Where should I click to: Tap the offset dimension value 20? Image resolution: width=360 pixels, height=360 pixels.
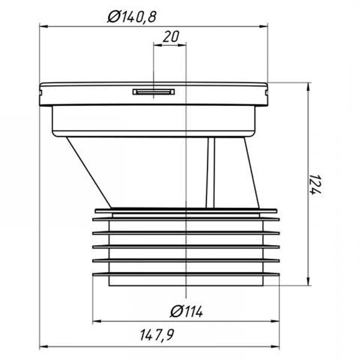tap(171, 37)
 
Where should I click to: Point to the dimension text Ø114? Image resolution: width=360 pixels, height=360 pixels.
tap(187, 311)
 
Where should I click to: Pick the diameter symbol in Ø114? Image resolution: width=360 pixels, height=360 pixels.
tap(175, 311)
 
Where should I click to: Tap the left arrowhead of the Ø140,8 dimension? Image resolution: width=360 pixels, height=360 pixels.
tap(43, 26)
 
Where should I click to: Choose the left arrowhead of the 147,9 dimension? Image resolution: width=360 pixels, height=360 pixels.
tap(42, 346)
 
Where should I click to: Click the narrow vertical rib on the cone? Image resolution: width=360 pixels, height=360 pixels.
tap(210, 171)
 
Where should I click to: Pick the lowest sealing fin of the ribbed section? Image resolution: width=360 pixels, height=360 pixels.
tap(186, 269)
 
